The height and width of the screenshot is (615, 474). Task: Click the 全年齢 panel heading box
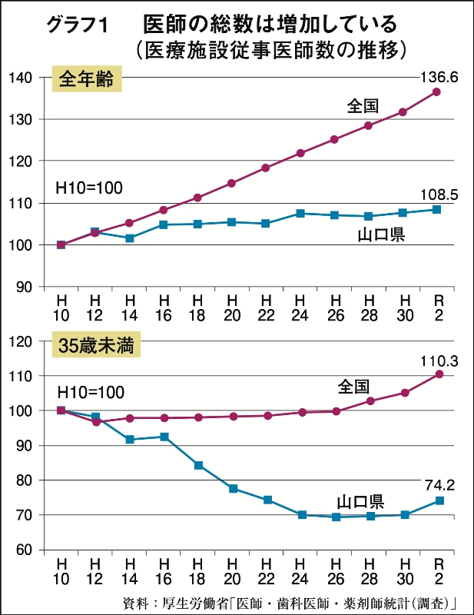click(87, 79)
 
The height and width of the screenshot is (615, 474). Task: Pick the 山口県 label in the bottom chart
click(360, 502)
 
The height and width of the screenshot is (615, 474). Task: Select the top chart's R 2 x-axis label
click(436, 305)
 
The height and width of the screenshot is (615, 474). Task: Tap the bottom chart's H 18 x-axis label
click(198, 569)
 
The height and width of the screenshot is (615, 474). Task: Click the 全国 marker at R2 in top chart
click(436, 91)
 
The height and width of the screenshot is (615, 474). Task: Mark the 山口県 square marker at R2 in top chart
click(436, 209)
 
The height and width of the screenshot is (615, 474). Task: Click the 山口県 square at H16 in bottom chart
click(164, 437)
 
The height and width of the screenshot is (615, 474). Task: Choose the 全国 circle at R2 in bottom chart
click(439, 374)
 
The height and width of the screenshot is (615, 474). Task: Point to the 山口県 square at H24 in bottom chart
click(301, 515)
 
